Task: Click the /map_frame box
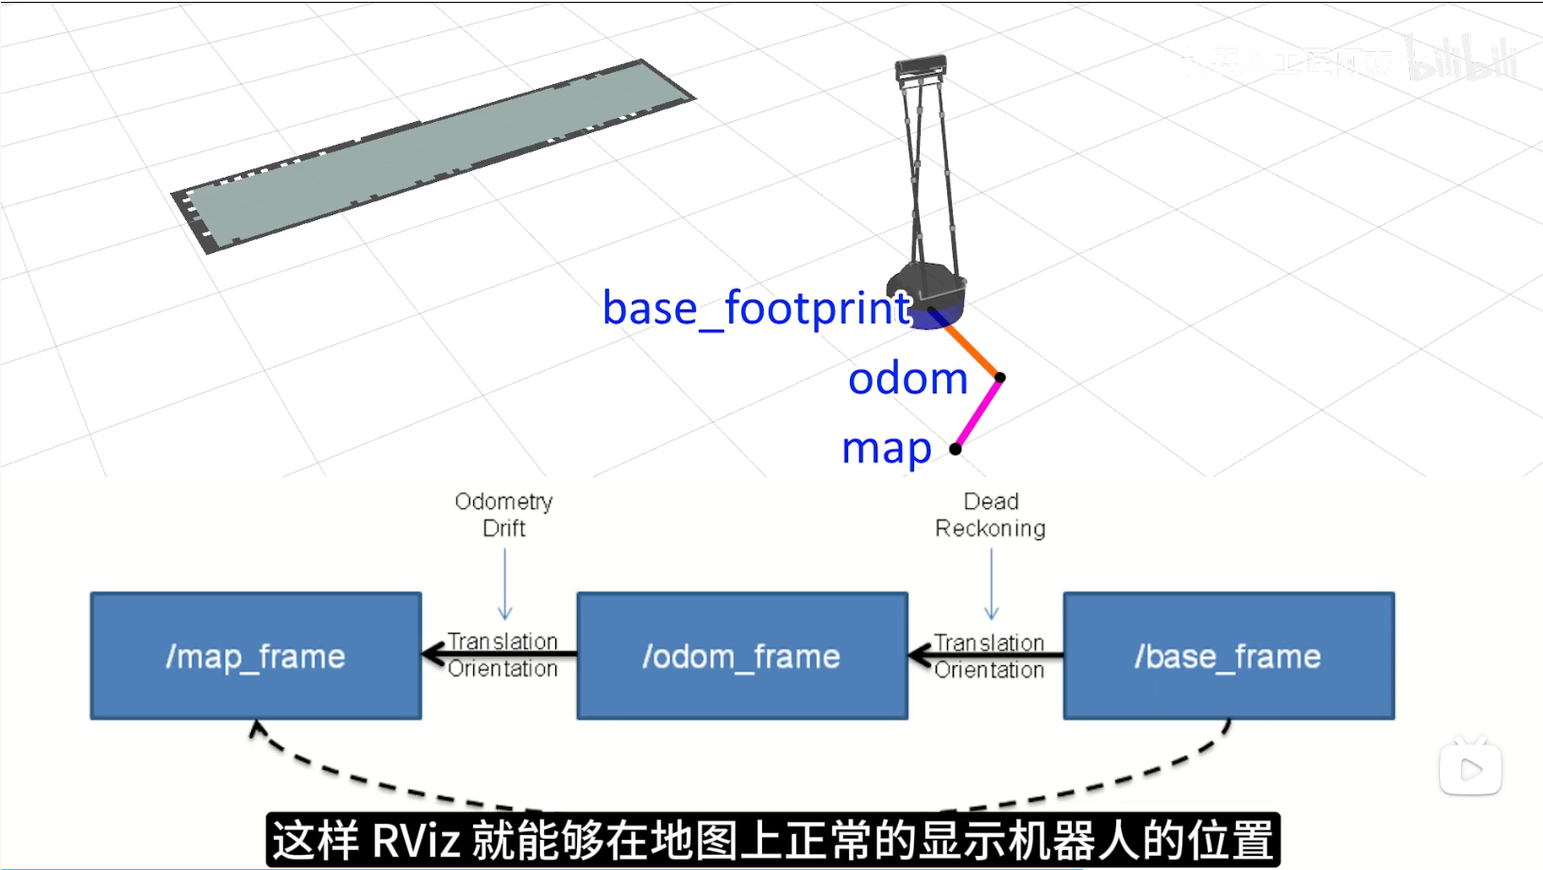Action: tap(256, 656)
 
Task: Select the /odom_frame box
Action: tap(742, 656)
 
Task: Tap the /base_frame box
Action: tap(1229, 656)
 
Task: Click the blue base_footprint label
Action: tap(755, 308)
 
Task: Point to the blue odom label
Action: tap(907, 379)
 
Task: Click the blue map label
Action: tap(886, 448)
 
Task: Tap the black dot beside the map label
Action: tap(956, 449)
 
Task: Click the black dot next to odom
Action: tap(1000, 378)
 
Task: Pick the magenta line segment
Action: tap(978, 413)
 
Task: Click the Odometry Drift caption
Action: tap(503, 514)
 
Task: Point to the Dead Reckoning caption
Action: tap(991, 514)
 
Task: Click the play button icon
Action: tap(1470, 769)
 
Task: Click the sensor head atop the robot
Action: tap(921, 67)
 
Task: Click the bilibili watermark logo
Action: tap(1461, 59)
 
